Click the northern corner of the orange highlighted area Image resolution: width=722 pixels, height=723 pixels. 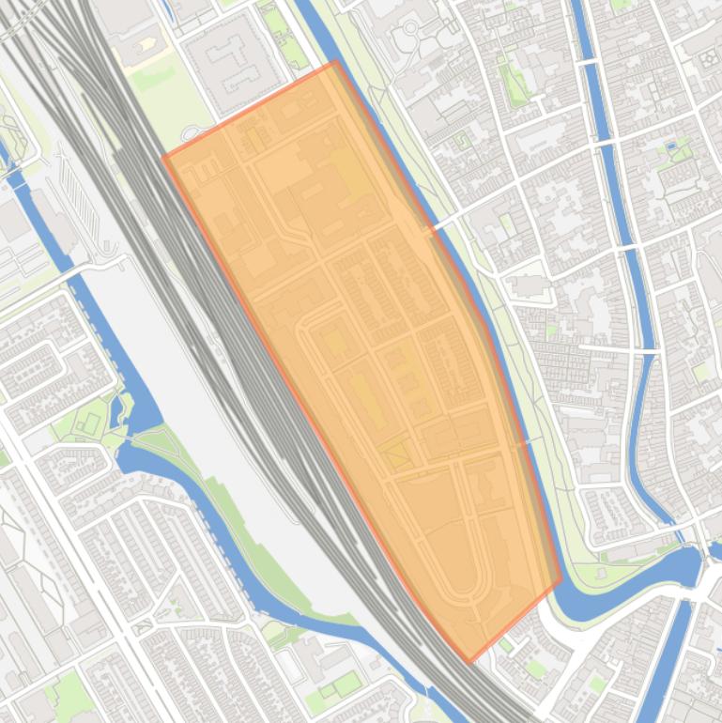click(x=335, y=62)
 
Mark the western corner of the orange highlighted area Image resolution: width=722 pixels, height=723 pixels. click(x=164, y=156)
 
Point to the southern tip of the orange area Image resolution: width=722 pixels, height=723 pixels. click(x=469, y=662)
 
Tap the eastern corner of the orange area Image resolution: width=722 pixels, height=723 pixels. click(x=561, y=579)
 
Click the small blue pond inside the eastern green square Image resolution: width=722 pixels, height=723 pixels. click(x=670, y=147)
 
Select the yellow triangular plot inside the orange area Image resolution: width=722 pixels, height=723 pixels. click(x=395, y=455)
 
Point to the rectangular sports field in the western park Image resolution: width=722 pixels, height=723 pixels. click(x=90, y=422)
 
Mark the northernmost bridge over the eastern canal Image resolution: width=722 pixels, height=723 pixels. click(x=586, y=60)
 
